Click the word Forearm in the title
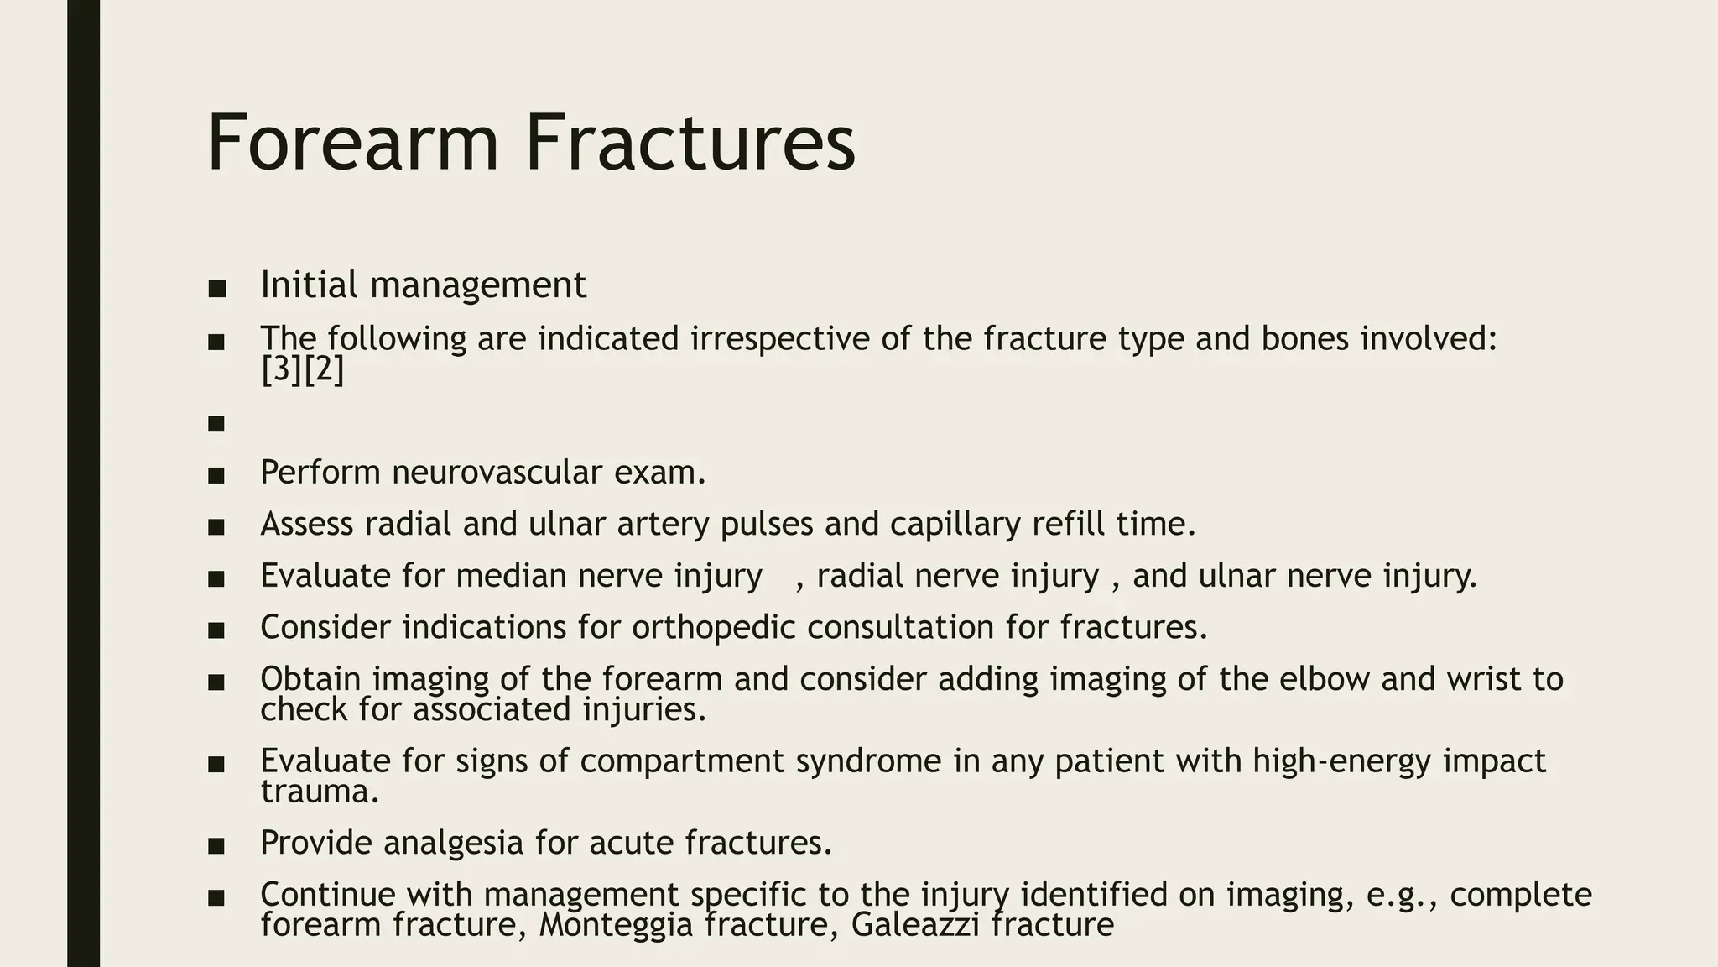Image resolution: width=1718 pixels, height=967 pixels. [352, 143]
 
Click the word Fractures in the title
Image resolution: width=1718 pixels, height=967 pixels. [690, 143]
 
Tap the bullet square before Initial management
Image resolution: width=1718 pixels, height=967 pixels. [216, 289]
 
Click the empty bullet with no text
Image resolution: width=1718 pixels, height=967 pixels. [216, 423]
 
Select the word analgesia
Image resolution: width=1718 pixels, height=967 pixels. [453, 843]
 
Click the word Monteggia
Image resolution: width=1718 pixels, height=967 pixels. [615, 925]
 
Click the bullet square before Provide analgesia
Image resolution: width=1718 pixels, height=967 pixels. [216, 846]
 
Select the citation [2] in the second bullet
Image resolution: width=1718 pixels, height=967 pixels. [324, 370]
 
